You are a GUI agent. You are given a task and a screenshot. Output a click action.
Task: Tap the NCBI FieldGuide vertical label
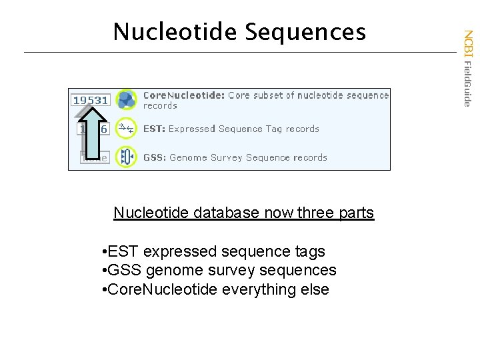pos(468,67)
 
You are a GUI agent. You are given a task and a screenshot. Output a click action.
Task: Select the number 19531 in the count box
pos(91,100)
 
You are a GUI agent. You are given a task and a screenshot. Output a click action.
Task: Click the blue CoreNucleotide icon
pos(126,100)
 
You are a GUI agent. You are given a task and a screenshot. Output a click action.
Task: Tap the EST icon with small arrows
pos(126,129)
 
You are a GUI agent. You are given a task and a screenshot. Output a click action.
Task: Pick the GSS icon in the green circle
pos(126,157)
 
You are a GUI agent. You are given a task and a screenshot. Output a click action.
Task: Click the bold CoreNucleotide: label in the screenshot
pos(183,95)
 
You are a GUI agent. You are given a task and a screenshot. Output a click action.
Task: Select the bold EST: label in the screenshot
pos(155,129)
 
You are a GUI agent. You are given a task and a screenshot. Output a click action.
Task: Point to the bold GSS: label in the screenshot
pos(155,157)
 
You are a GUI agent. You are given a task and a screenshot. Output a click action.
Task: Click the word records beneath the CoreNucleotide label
pos(160,105)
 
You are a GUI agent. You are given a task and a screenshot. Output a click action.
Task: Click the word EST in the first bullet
pos(123,251)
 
